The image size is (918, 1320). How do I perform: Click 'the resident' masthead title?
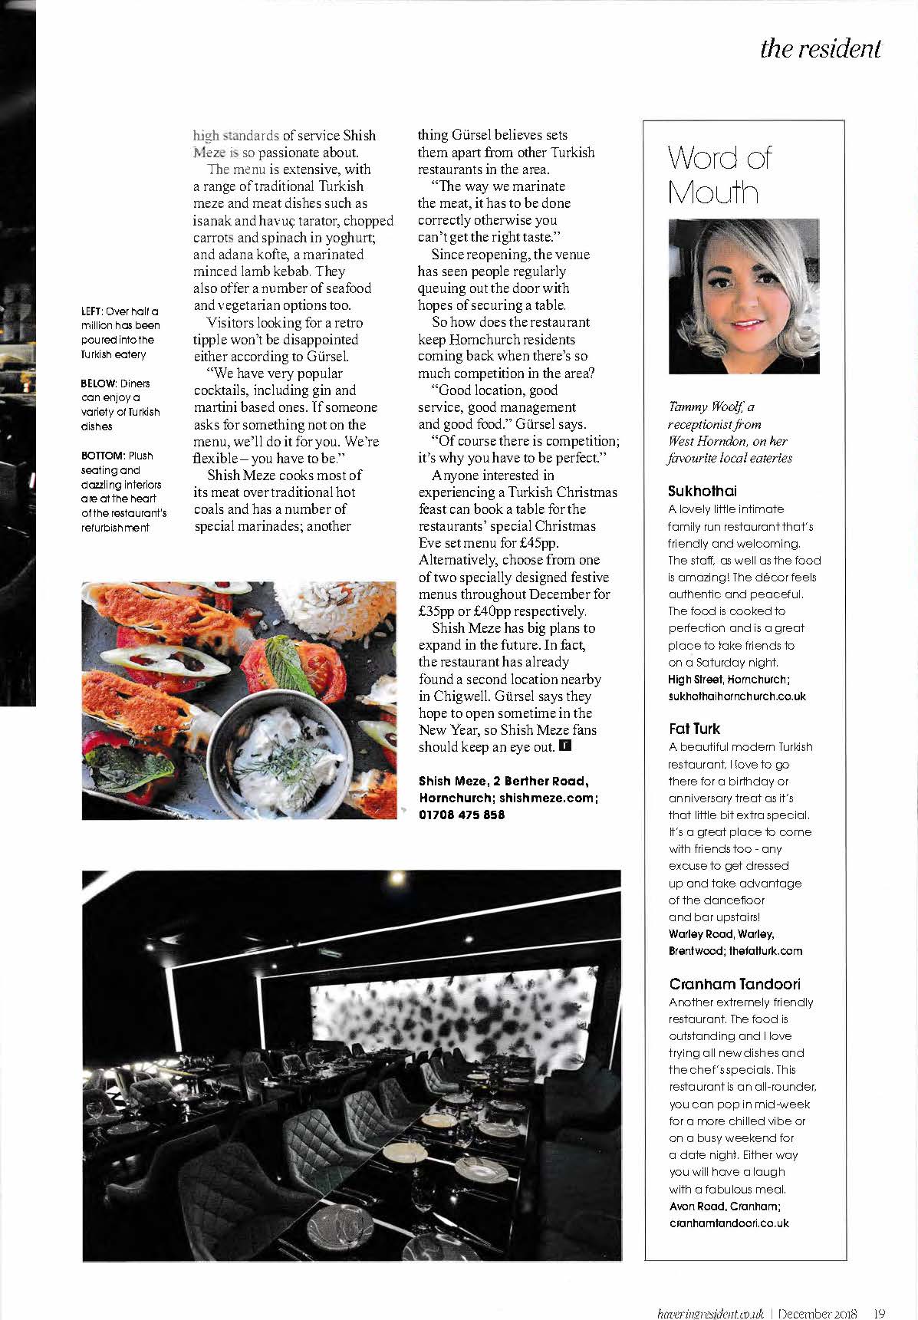click(x=820, y=48)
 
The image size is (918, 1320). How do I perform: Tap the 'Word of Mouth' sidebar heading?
click(x=719, y=175)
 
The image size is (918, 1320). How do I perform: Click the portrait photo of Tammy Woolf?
click(x=744, y=297)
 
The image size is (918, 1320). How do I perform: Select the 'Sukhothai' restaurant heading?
click(x=702, y=491)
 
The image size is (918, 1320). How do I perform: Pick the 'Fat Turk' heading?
click(x=694, y=729)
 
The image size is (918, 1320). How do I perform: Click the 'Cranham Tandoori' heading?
click(x=735, y=984)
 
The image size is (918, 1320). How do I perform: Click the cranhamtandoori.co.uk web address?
click(x=729, y=1223)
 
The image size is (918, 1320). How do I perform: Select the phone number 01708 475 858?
click(x=462, y=815)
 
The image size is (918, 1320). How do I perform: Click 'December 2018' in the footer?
click(x=818, y=1312)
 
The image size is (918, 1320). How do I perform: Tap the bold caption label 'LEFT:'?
click(x=92, y=311)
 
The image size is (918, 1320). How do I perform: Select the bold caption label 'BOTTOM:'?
click(x=103, y=456)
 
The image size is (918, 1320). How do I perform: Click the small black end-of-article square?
click(x=565, y=746)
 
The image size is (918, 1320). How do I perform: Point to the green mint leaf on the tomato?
click(x=281, y=660)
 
